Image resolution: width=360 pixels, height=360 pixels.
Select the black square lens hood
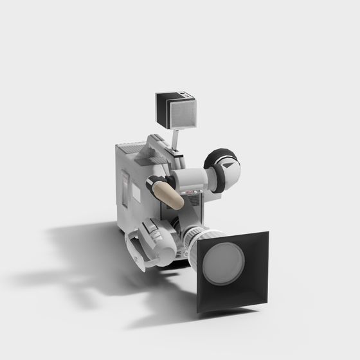pyautogui.click(x=254, y=289)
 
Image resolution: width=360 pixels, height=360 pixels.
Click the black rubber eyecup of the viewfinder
pyautogui.click(x=222, y=170)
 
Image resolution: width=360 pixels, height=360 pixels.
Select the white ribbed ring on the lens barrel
pyautogui.click(x=194, y=239)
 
